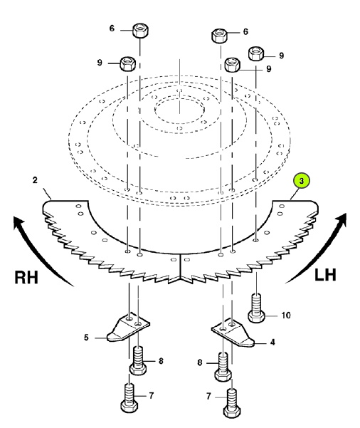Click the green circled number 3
coord(301,181)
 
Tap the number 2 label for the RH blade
coord(35,180)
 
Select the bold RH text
coord(26,277)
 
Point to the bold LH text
coord(325,275)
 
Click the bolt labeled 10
coord(256,308)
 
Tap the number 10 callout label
coord(286,315)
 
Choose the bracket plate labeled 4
coord(233,333)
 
